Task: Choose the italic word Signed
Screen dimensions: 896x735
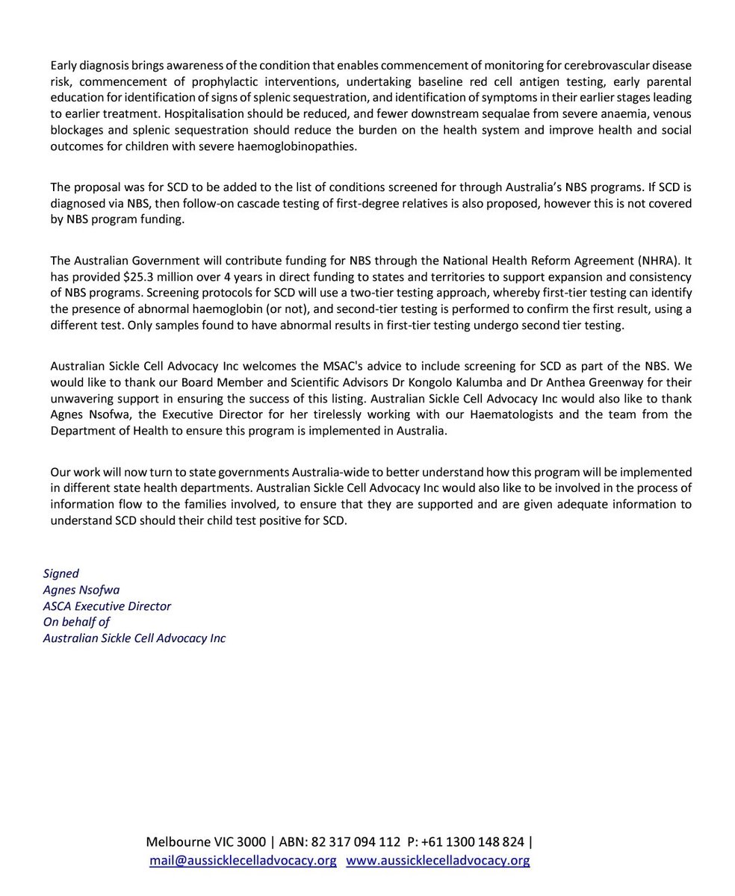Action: (x=61, y=573)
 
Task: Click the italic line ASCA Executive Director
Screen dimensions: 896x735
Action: (x=107, y=606)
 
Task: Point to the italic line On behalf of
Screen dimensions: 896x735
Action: (x=76, y=622)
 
